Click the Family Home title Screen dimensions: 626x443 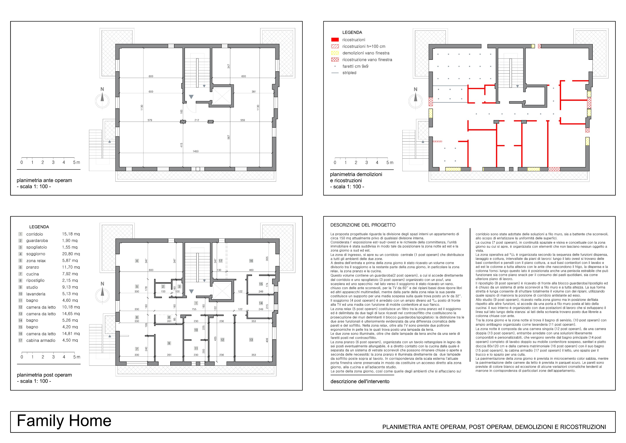(64, 420)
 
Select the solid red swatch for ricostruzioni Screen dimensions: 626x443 (335, 40)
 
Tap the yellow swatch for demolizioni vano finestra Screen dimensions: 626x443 (335, 53)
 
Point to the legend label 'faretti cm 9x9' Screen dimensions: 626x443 (355, 66)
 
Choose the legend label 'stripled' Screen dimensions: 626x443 (349, 73)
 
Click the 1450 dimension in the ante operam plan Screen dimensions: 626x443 (196, 151)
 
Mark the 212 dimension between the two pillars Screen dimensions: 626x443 (197, 120)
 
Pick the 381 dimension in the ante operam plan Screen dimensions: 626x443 (254, 92)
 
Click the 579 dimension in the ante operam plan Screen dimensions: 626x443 (150, 120)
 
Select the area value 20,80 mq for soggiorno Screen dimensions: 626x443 (71, 254)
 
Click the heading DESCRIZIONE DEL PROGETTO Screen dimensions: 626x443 (363, 225)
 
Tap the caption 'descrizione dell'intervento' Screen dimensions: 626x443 (360, 381)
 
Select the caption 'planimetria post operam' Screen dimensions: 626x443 (45, 375)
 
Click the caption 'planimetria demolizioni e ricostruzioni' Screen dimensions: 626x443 (356, 177)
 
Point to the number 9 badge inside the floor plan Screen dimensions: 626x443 (169, 343)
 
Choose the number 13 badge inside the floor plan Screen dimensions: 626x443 (251, 340)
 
